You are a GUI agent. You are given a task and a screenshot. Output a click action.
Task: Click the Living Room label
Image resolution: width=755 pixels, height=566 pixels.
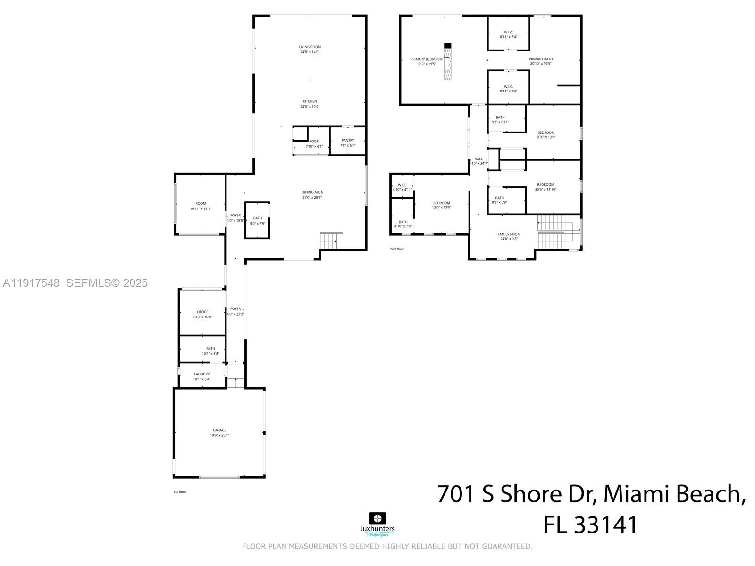(310, 47)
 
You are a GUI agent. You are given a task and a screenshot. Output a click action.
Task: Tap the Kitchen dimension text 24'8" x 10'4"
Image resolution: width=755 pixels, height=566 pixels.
(310, 107)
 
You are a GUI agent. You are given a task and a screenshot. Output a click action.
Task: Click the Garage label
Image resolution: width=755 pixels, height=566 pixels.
(219, 430)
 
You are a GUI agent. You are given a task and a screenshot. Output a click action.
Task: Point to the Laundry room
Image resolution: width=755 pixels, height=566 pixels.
(202, 376)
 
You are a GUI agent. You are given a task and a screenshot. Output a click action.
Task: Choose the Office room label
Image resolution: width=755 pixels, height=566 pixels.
(202, 312)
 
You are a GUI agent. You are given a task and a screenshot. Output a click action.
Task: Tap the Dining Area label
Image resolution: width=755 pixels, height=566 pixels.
(312, 192)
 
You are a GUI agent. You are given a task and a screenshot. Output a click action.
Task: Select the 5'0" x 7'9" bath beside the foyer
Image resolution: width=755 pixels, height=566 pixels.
(257, 220)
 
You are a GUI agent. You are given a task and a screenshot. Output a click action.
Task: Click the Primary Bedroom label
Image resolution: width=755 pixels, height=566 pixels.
(426, 59)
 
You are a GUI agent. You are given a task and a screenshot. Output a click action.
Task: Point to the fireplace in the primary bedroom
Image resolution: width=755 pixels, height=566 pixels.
(448, 62)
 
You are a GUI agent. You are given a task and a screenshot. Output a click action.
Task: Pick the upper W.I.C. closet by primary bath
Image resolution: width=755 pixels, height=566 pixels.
(508, 33)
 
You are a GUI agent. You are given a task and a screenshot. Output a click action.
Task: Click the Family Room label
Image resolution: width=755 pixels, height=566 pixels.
(509, 234)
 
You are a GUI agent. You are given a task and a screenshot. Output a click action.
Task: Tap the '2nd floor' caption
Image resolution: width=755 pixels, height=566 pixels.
(397, 249)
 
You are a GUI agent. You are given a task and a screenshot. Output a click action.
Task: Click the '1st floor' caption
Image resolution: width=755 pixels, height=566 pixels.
(179, 492)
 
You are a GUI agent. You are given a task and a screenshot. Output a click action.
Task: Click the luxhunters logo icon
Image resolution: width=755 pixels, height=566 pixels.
(377, 518)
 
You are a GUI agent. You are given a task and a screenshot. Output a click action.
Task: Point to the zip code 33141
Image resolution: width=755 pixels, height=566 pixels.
(605, 525)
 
